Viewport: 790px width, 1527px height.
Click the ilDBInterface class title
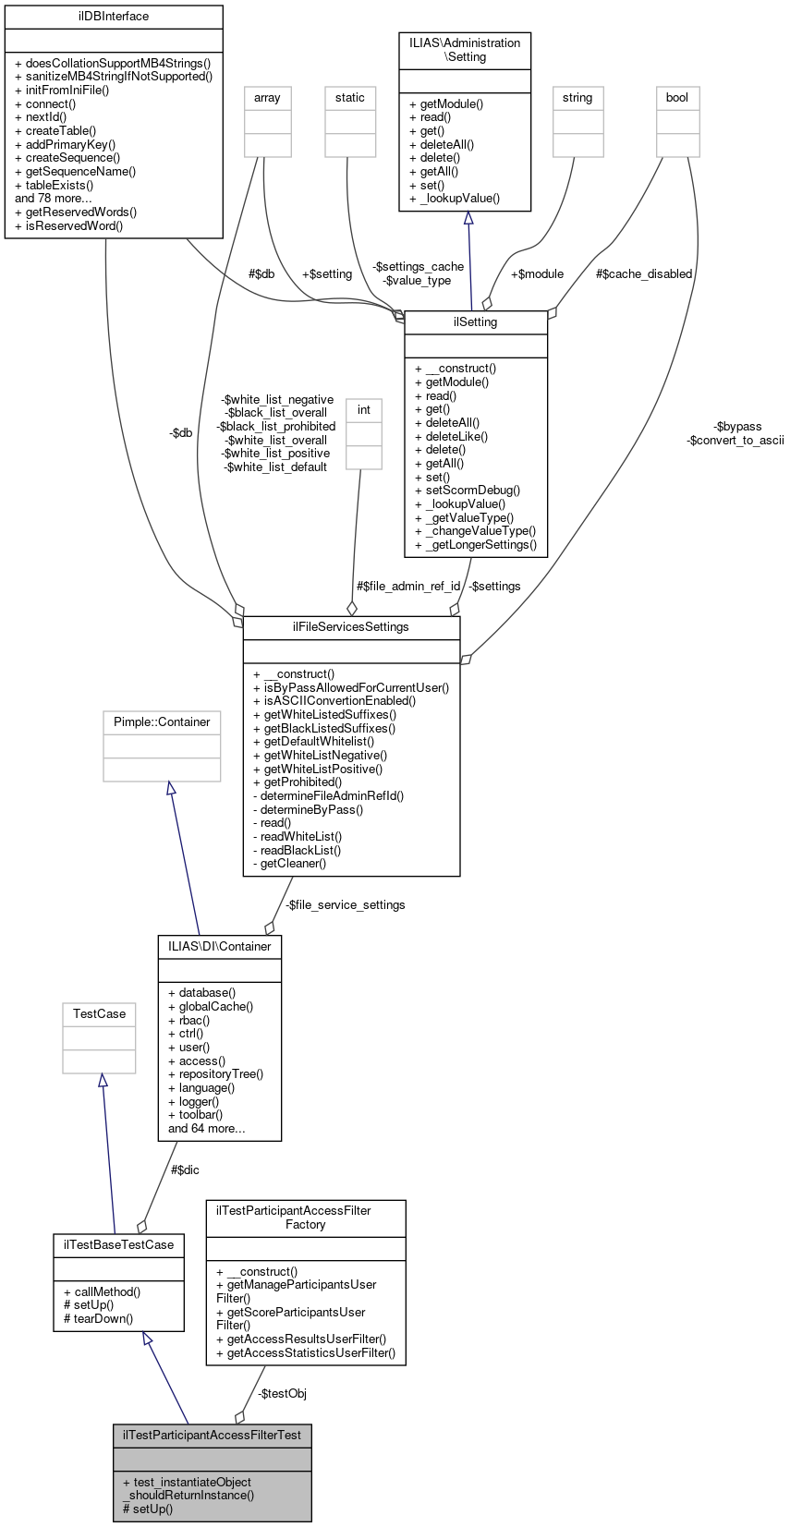pyautogui.click(x=114, y=17)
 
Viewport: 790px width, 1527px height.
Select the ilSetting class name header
pyautogui.click(x=476, y=322)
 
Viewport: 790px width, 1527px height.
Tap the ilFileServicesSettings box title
pyautogui.click(x=351, y=627)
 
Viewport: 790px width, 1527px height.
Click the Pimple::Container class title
pyautogui.click(x=162, y=722)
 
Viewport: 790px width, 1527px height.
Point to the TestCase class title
pyautogui.click(x=99, y=1014)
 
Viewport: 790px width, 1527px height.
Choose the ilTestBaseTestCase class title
pyautogui.click(x=118, y=1245)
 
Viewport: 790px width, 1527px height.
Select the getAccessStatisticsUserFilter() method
pyautogui.click(x=305, y=1353)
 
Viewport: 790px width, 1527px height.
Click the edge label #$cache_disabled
pyautogui.click(x=644, y=274)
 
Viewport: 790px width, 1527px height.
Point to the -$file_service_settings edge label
pyautogui.click(x=345, y=905)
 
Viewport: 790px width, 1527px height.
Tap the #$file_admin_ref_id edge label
pyautogui.click(x=408, y=587)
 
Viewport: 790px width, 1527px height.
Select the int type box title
pyautogui.click(x=364, y=410)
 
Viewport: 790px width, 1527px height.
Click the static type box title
pyautogui.click(x=350, y=98)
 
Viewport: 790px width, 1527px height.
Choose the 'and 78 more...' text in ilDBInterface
pyautogui.click(x=54, y=199)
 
